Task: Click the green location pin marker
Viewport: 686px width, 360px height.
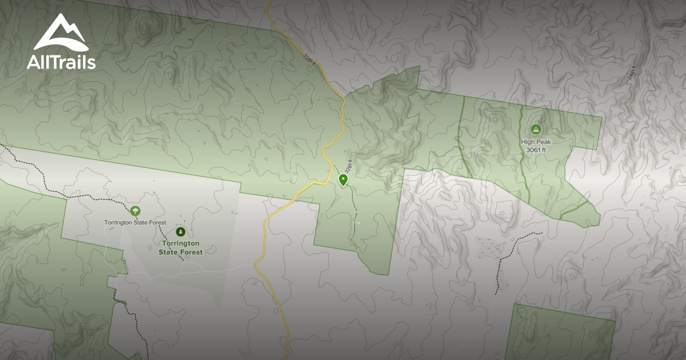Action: [343, 179]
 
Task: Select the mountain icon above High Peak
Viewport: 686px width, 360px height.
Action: [536, 129]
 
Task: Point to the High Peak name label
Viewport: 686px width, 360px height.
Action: [536, 142]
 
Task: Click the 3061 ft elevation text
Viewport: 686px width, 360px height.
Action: [536, 150]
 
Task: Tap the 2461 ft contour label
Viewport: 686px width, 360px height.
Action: [632, 71]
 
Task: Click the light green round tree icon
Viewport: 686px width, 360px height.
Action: [135, 211]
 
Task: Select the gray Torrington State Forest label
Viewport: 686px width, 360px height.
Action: [135, 222]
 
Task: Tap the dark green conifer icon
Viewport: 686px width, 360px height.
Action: [181, 231]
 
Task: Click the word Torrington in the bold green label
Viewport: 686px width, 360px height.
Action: [181, 243]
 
